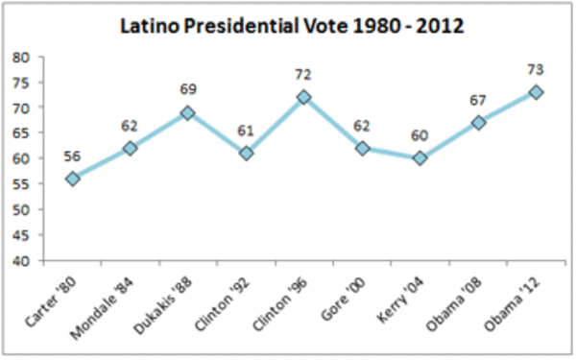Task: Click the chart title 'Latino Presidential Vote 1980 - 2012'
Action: click(x=292, y=27)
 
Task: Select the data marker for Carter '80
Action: click(x=73, y=179)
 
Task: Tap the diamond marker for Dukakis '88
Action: click(x=188, y=112)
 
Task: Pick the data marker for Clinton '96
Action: click(x=303, y=97)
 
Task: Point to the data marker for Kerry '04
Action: click(x=420, y=158)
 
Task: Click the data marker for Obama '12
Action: click(x=536, y=92)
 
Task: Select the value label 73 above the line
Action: click(x=536, y=69)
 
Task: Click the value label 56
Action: click(x=72, y=156)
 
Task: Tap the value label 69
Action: click(x=188, y=89)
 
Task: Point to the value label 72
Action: click(x=303, y=75)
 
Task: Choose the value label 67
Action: click(x=478, y=100)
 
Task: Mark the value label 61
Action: click(x=246, y=132)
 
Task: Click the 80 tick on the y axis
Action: click(x=20, y=58)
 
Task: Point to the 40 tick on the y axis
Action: click(x=20, y=261)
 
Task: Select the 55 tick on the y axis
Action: click(x=20, y=184)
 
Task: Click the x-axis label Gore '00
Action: click(x=344, y=299)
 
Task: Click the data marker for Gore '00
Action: click(x=362, y=149)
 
